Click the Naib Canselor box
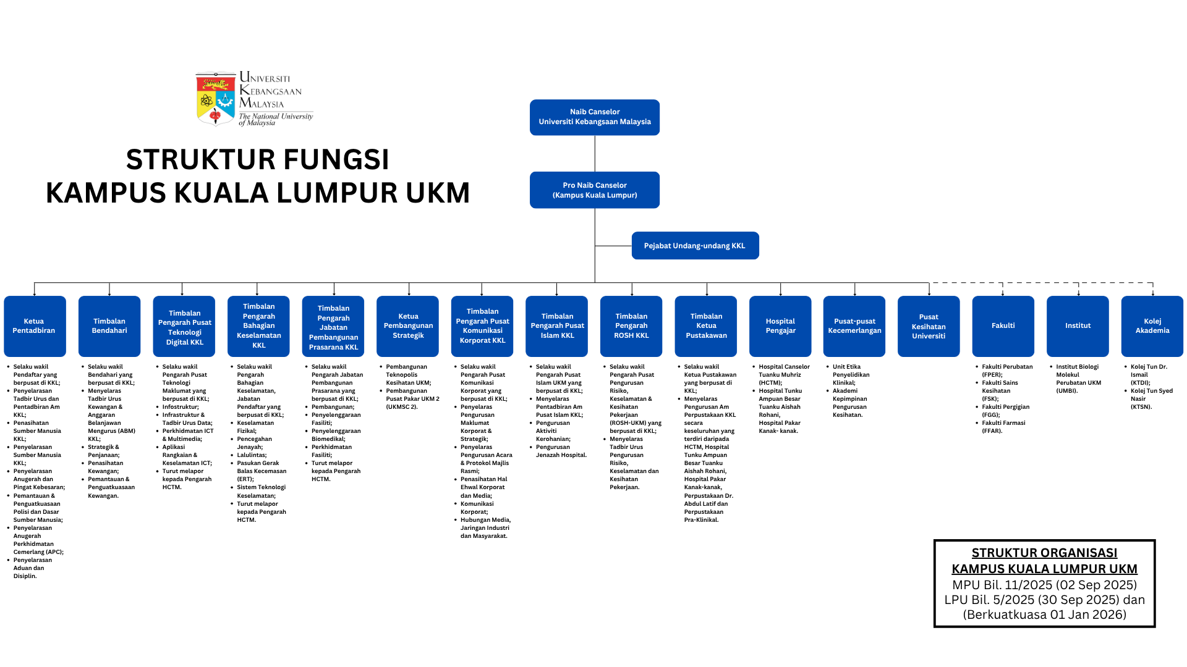coord(594,117)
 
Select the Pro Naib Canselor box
coord(594,190)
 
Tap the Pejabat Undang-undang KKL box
coord(695,246)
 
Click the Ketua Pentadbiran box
coord(35,326)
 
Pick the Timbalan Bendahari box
coord(109,326)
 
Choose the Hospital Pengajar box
coord(780,326)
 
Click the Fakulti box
coord(1003,326)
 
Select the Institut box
coord(1078,326)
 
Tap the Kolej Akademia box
coord(1152,326)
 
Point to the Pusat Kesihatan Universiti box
coord(929,326)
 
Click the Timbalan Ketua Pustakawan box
coord(706,326)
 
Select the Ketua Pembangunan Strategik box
coord(408,326)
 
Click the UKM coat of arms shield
coord(215,99)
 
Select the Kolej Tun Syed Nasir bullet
coord(1151,398)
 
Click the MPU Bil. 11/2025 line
coord(1044,585)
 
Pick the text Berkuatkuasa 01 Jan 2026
coord(1044,615)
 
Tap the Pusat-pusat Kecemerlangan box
coord(854,326)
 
